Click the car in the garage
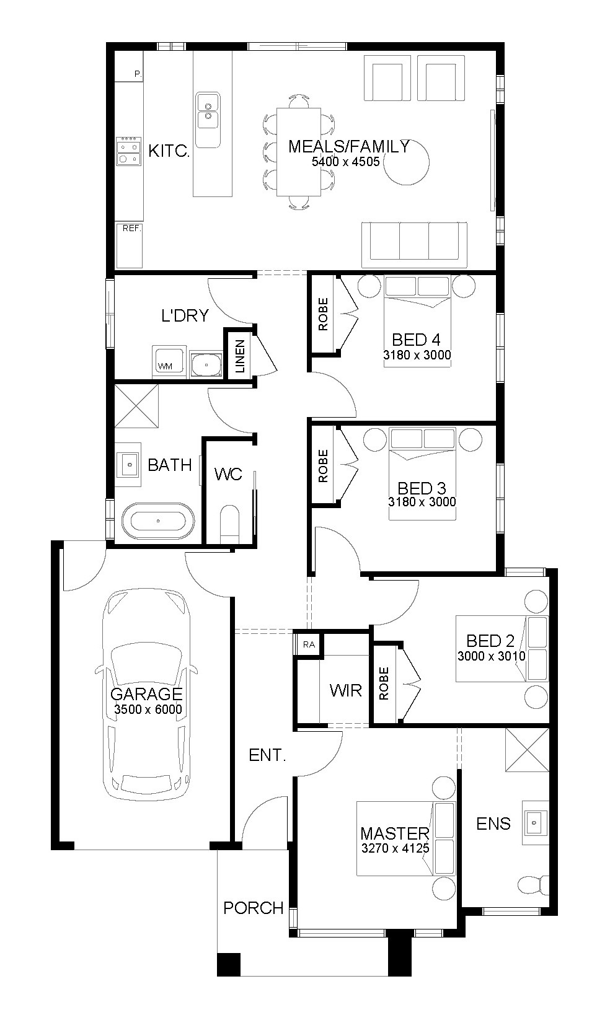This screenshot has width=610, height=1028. (x=146, y=695)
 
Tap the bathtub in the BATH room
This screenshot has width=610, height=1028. (x=158, y=521)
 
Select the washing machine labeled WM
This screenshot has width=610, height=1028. (x=169, y=362)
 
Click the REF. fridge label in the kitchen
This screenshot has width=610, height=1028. (x=131, y=228)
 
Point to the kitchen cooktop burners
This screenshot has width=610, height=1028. (x=128, y=151)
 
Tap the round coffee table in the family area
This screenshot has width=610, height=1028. (x=406, y=162)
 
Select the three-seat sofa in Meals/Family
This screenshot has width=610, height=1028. (x=415, y=245)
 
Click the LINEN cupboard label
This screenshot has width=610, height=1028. (x=240, y=356)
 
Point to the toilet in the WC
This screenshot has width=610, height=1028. (x=230, y=524)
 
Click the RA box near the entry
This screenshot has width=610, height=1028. (x=309, y=644)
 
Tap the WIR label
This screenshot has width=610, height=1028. (x=346, y=690)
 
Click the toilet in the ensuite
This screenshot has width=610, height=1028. (x=533, y=885)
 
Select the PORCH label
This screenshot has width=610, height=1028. (x=254, y=908)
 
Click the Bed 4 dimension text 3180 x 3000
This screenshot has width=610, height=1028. (x=417, y=355)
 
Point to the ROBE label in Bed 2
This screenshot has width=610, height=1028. (x=384, y=683)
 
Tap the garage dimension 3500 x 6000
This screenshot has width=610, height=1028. (x=148, y=709)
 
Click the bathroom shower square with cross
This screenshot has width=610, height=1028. (x=136, y=406)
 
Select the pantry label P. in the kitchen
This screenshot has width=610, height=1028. (x=138, y=73)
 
